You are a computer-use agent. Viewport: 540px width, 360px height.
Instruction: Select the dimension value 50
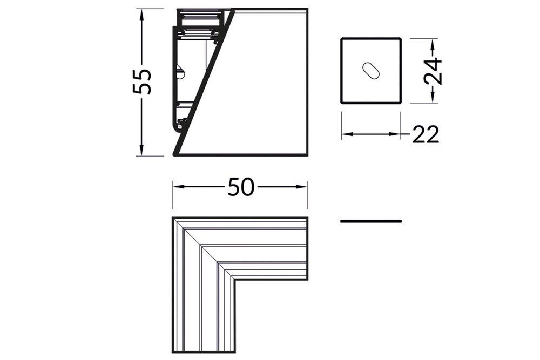[x=240, y=187]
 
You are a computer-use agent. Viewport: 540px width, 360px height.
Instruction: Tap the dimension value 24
[x=433, y=70]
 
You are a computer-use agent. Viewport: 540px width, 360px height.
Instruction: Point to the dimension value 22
[x=426, y=134]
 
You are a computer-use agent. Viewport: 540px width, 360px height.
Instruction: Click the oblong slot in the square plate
[x=371, y=71]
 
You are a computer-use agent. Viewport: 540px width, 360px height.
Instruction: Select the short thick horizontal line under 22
[x=371, y=221]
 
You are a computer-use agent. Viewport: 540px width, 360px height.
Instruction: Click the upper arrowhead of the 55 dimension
[x=142, y=14]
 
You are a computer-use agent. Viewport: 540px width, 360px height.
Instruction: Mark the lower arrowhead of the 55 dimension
[x=142, y=151]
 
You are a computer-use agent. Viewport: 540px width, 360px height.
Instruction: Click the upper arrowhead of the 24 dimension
[x=433, y=43]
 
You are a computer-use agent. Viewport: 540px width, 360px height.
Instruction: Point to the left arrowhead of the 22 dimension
[x=347, y=134]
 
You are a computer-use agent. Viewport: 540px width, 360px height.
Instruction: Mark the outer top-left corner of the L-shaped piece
[x=173, y=219]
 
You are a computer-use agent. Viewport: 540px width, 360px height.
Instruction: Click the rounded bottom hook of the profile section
[x=178, y=128]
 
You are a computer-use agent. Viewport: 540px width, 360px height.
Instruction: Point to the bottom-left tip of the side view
[x=174, y=154]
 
